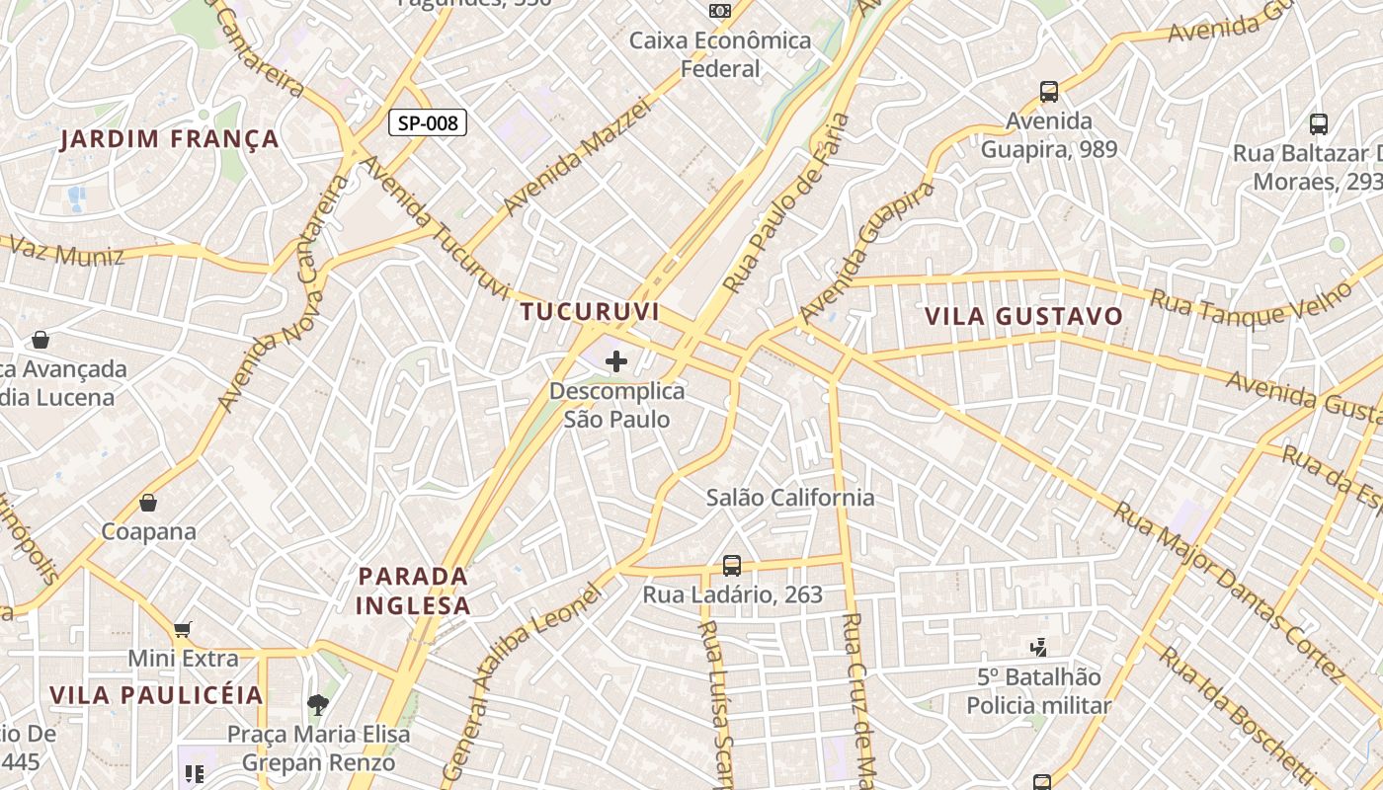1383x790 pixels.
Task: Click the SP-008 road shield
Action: click(x=427, y=122)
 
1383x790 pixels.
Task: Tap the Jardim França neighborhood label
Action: click(x=169, y=139)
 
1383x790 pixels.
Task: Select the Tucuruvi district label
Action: click(x=590, y=312)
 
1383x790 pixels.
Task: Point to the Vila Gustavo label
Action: click(x=1023, y=316)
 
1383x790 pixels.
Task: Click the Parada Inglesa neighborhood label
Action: click(x=413, y=591)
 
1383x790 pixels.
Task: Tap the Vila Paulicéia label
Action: click(x=157, y=695)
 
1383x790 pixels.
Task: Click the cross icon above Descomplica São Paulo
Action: click(x=616, y=362)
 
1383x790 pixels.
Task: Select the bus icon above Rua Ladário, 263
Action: click(x=732, y=566)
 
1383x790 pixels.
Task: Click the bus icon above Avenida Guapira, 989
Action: click(x=1049, y=92)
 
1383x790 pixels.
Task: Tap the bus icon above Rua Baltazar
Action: click(x=1319, y=124)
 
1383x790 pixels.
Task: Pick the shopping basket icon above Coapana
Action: click(x=148, y=503)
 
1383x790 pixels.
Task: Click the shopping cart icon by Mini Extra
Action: click(x=182, y=629)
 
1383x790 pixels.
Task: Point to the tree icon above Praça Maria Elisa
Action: click(x=318, y=705)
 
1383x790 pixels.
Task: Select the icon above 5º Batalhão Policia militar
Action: click(x=1038, y=648)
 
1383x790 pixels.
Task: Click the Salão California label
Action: click(x=790, y=498)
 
